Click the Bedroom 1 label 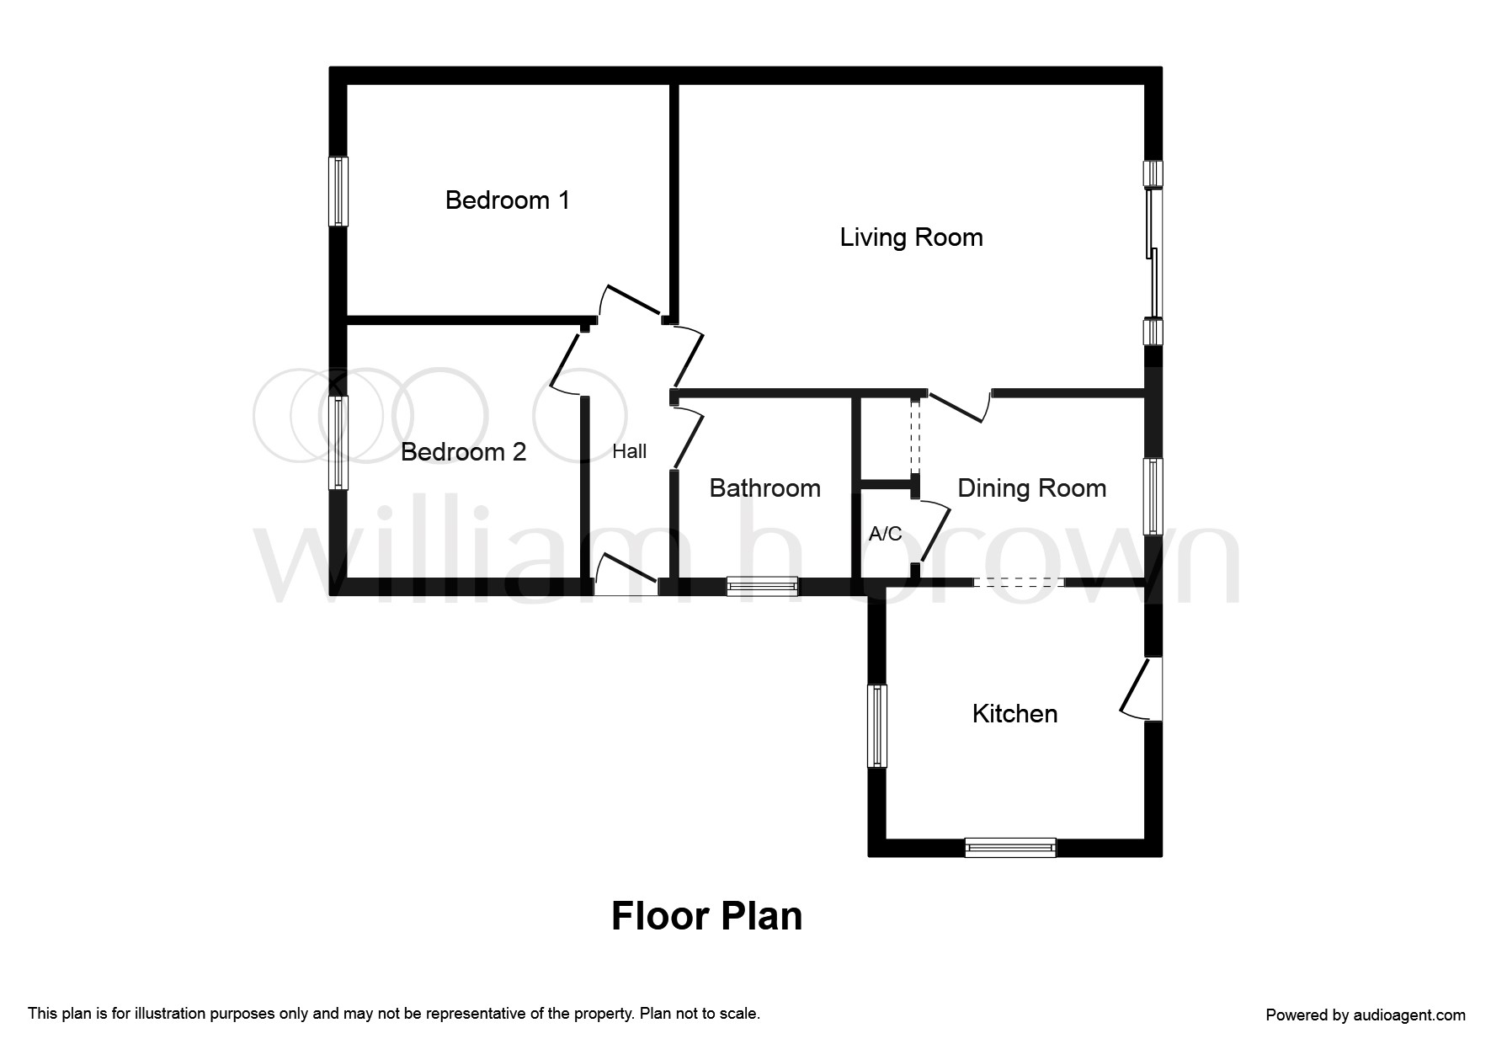tap(507, 200)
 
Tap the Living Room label tap(911, 237)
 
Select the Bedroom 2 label tap(463, 452)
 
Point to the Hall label tap(629, 452)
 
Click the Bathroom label tap(764, 488)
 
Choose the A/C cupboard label tap(885, 534)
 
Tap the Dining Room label tap(1031, 488)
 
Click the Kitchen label tap(1014, 714)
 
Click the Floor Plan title tap(706, 916)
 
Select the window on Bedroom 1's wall tap(338, 191)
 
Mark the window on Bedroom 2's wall tap(338, 443)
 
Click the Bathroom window tap(762, 586)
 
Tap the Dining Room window tap(1153, 496)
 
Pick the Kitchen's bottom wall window tap(1009, 847)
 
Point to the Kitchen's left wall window tap(877, 726)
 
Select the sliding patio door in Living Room tap(1153, 253)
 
